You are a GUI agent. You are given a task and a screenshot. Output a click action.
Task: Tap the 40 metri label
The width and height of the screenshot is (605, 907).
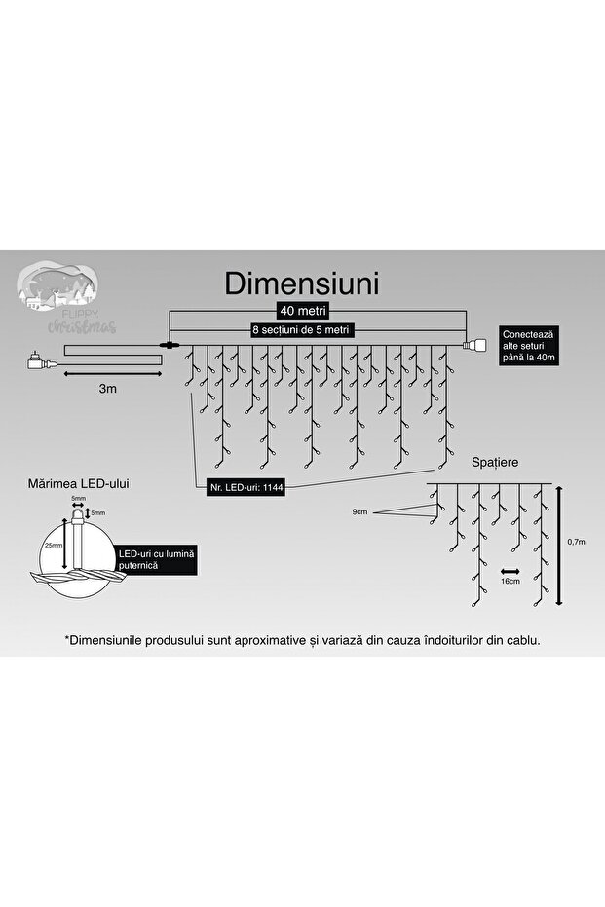coord(301,312)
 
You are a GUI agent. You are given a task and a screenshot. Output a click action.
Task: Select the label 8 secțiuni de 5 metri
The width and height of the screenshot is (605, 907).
coord(302,331)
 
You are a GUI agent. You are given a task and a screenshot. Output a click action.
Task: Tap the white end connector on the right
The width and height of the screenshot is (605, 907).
coord(480,345)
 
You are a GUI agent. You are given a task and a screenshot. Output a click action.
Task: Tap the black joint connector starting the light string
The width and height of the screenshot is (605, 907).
coord(170,345)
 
